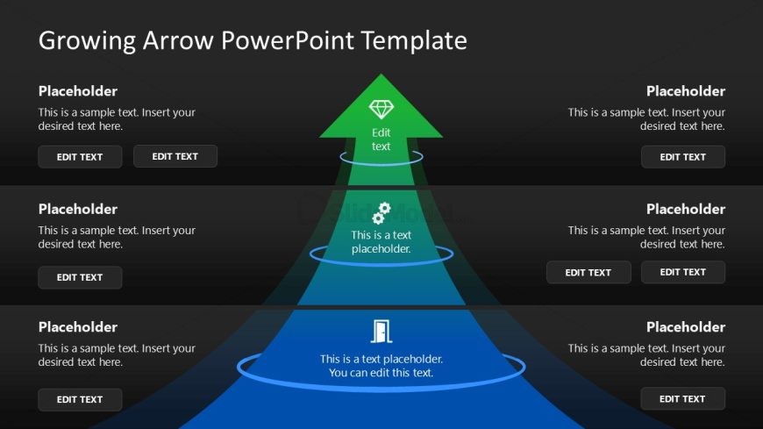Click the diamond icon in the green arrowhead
tap(381, 110)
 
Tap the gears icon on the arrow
tap(381, 213)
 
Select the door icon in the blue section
tap(381, 331)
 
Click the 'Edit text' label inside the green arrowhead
tap(381, 139)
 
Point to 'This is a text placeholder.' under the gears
tap(381, 242)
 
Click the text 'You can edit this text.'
tap(381, 373)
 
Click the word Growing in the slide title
tap(86, 40)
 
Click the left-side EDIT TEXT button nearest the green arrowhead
tap(175, 156)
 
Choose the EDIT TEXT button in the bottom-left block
tap(80, 399)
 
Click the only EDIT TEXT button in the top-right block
tap(682, 157)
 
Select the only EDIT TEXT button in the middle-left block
tap(80, 277)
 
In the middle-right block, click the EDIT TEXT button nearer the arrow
tap(588, 272)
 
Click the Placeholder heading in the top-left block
tap(78, 91)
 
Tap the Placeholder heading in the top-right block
tap(686, 91)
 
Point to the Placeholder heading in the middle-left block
tap(78, 209)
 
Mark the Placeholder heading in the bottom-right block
tap(686, 327)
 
